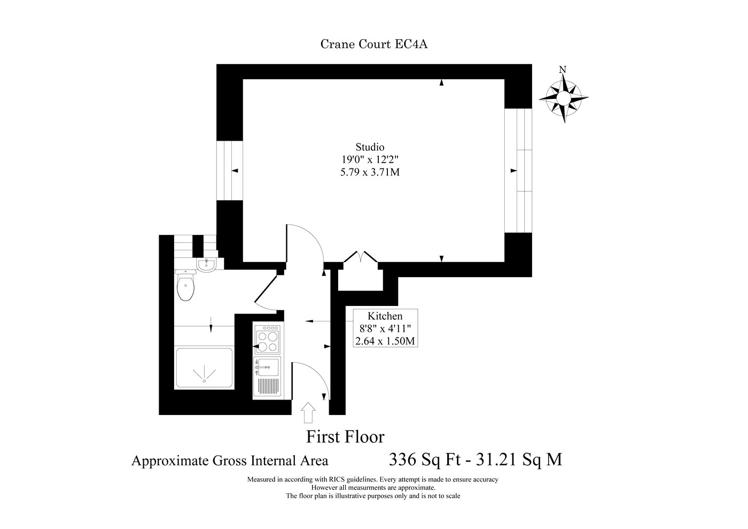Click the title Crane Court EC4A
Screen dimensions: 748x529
pos(374,44)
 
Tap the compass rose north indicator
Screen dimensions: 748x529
pos(564,97)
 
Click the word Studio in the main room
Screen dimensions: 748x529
pos(370,147)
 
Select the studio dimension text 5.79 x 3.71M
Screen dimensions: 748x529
pos(370,172)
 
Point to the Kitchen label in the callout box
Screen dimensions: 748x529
pos(385,316)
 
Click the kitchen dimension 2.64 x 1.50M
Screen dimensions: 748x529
pos(385,341)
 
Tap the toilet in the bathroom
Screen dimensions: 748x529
pos(185,286)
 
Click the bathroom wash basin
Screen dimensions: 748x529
pos(207,265)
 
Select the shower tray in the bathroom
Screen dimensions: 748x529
pos(204,368)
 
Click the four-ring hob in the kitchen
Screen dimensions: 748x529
pos(267,338)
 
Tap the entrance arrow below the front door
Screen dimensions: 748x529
pos(308,412)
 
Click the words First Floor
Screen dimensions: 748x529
pos(345,437)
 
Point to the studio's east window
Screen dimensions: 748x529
pos(518,171)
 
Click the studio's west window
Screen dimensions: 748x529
pos(229,171)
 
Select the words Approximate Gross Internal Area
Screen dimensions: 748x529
pos(230,461)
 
